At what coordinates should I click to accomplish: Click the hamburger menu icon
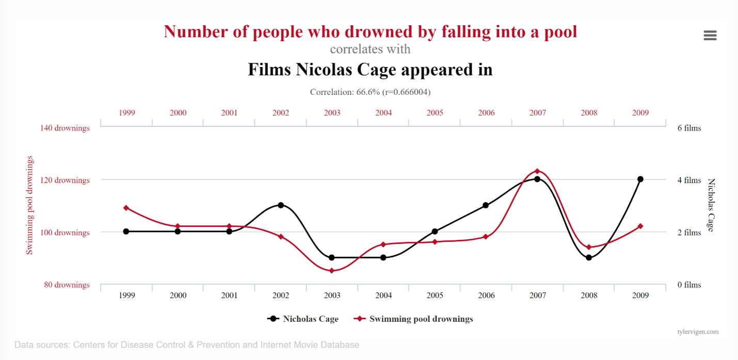pos(710,35)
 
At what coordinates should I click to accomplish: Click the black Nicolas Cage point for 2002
pos(281,205)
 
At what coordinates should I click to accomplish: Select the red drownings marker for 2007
pos(537,171)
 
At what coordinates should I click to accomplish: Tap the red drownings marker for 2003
pos(332,271)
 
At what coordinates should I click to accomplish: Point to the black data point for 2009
pos(640,179)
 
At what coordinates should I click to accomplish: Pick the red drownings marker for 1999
pos(126,208)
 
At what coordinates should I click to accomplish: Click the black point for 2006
pos(486,205)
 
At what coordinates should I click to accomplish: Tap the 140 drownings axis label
pos(65,128)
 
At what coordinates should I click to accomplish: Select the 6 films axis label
pos(689,128)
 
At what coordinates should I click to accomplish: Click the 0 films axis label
pos(689,285)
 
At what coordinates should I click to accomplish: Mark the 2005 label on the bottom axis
pos(435,296)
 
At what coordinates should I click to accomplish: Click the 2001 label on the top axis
pos(229,112)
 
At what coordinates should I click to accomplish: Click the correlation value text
pos(370,92)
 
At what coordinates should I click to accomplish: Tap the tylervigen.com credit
pos(698,332)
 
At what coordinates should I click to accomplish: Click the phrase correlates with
pos(370,49)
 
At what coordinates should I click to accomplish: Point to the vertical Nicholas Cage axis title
pos(711,205)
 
